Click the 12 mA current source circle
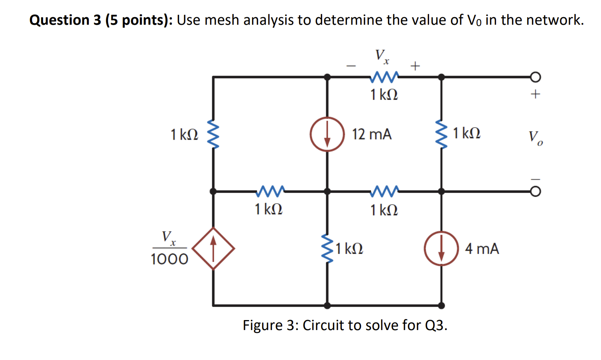pyautogui.click(x=327, y=134)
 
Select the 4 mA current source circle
pyautogui.click(x=441, y=248)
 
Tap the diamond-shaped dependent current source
pyautogui.click(x=213, y=248)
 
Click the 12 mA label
pyautogui.click(x=372, y=135)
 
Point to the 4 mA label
pyautogui.click(x=482, y=249)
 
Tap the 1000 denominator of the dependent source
pyautogui.click(x=169, y=259)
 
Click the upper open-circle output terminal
pyautogui.click(x=536, y=77)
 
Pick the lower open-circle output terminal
pyautogui.click(x=536, y=192)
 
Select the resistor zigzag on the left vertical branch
pyautogui.click(x=213, y=134)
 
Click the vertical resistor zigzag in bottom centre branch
pyautogui.click(x=327, y=248)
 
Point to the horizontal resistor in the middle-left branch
pyautogui.click(x=270, y=191)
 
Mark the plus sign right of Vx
pyautogui.click(x=415, y=66)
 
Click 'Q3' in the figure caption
pyautogui.click(x=434, y=325)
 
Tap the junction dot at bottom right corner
pyautogui.click(x=441, y=306)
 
